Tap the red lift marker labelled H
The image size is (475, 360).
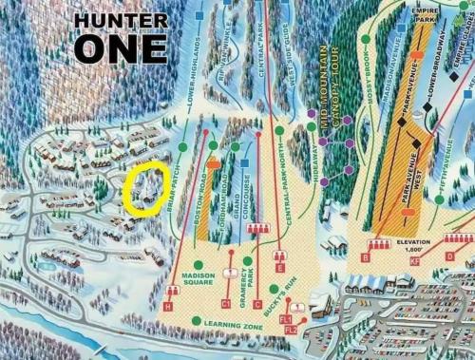[168, 306]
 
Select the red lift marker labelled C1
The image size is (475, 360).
[227, 302]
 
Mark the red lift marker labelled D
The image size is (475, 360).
[449, 255]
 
